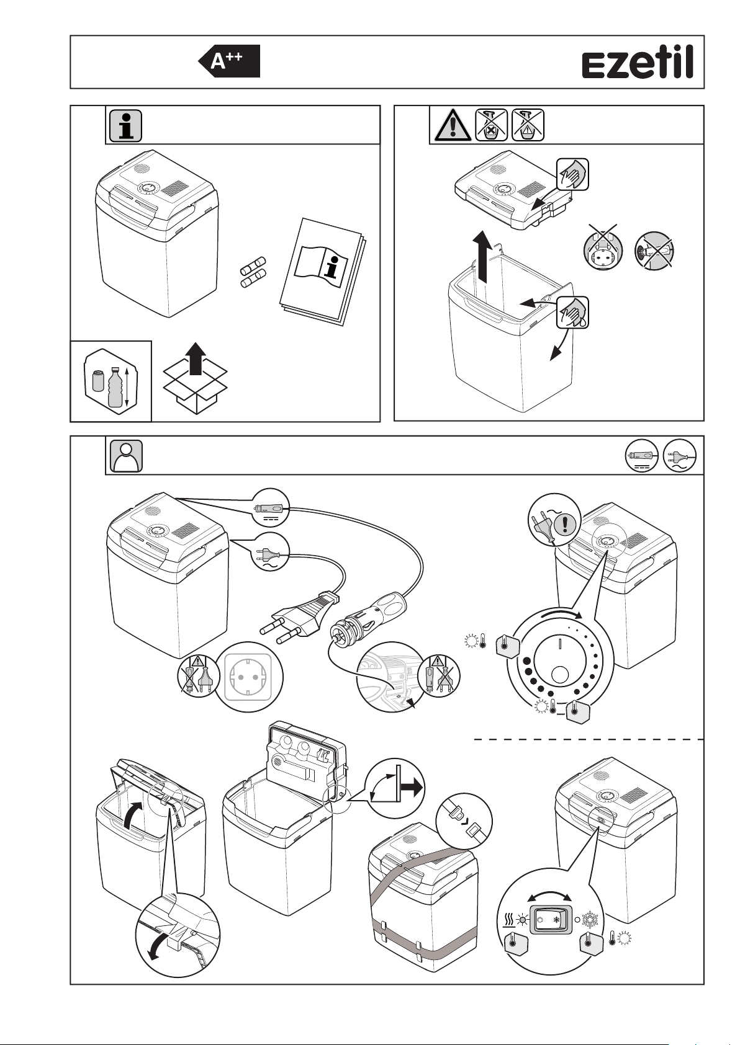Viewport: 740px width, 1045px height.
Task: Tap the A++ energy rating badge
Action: [229, 61]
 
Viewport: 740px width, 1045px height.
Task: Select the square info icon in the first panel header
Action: [126, 126]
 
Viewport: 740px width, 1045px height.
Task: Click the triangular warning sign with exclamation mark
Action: [453, 126]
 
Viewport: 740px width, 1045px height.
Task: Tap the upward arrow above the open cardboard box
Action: [196, 359]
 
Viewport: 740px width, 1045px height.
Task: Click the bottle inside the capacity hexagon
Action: [115, 387]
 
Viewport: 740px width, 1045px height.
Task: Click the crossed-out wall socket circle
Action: [600, 251]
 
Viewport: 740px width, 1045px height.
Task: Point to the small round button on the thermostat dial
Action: [561, 674]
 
